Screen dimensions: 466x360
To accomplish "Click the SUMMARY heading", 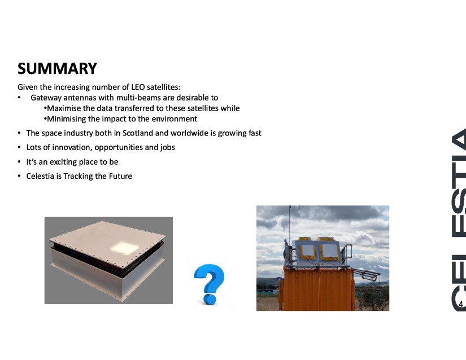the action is [57, 68].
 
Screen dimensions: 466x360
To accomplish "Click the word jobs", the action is [168, 147].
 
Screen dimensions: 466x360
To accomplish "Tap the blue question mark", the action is [210, 284].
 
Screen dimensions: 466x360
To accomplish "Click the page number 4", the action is [461, 304].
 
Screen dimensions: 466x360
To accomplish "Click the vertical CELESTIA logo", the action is [459, 219].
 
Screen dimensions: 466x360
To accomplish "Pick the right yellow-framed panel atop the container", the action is [329, 252].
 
